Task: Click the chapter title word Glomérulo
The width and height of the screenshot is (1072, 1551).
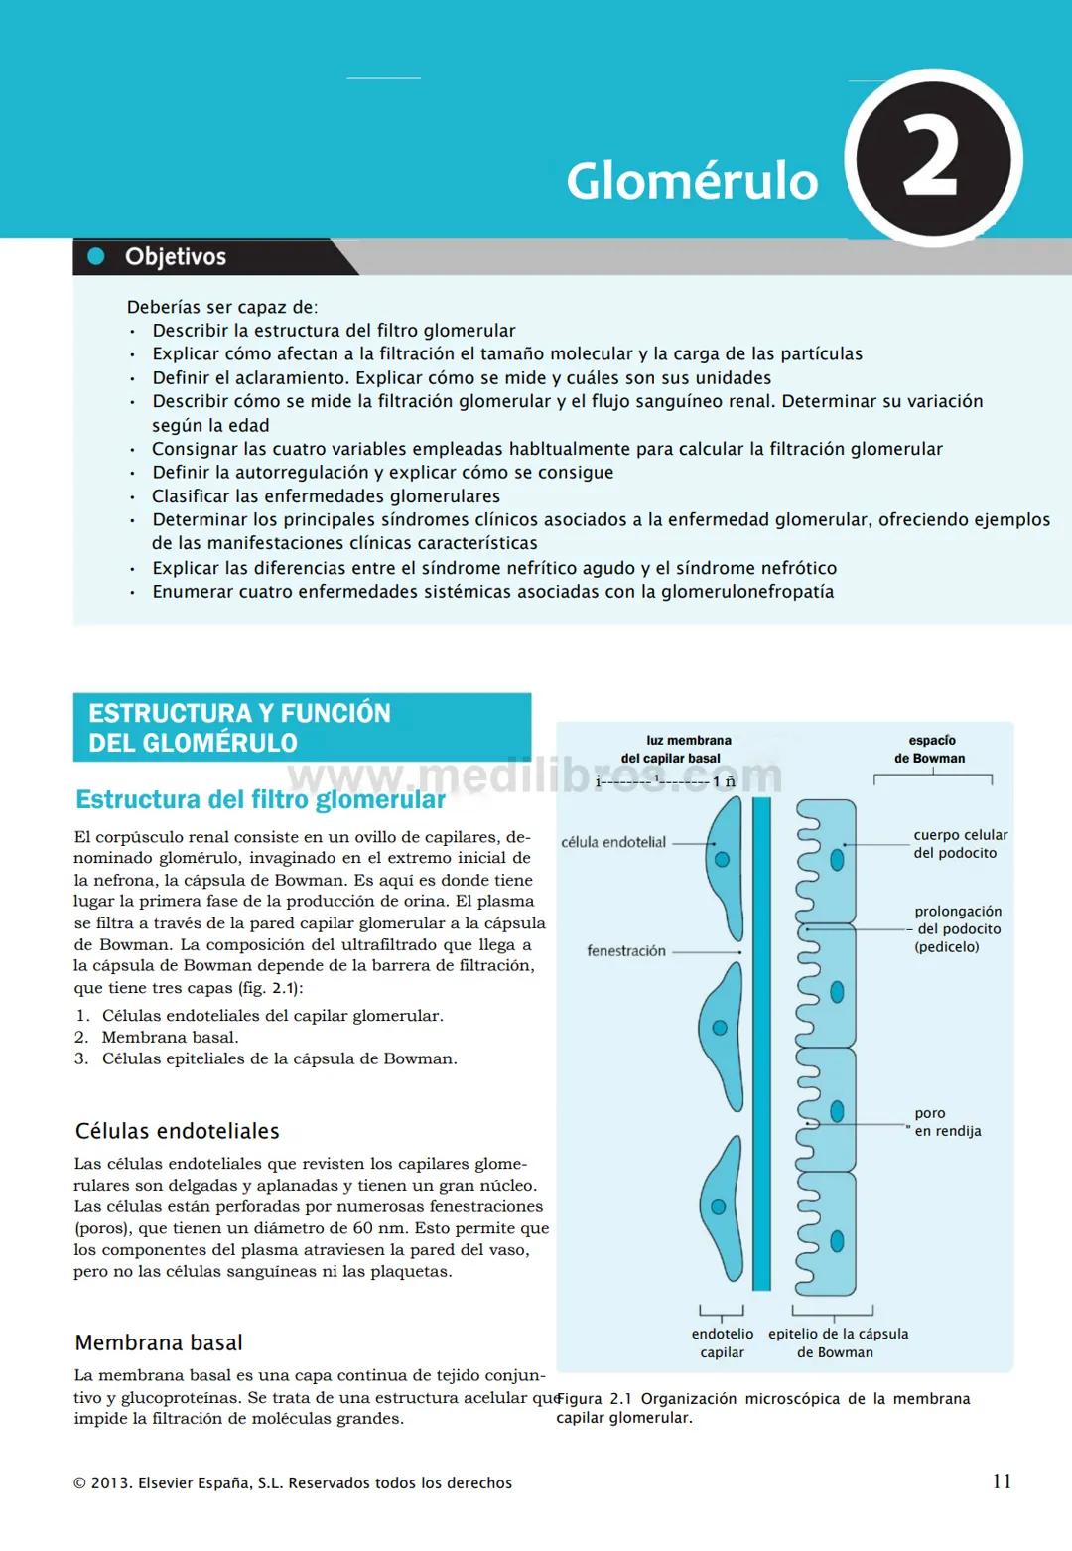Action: pyautogui.click(x=692, y=181)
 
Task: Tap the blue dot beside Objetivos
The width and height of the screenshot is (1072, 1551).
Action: pyautogui.click(x=96, y=256)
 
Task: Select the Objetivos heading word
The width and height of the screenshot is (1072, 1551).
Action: pyautogui.click(x=176, y=257)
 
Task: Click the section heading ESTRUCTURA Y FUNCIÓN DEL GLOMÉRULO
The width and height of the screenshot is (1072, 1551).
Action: pyautogui.click(x=239, y=728)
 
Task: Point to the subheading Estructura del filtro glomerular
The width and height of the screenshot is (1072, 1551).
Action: pyautogui.click(x=260, y=800)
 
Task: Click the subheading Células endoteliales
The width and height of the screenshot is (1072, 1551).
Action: pyautogui.click(x=177, y=1131)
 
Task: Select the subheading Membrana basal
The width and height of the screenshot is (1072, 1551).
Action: pyautogui.click(x=159, y=1342)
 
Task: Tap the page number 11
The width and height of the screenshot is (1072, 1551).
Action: pyautogui.click(x=1002, y=1481)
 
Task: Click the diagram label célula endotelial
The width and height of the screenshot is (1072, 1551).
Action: pyautogui.click(x=613, y=842)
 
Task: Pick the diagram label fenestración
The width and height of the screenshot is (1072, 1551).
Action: pyautogui.click(x=626, y=951)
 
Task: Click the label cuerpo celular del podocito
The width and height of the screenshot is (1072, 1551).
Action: pyautogui.click(x=959, y=844)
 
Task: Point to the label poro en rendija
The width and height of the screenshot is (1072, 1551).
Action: pyautogui.click(x=947, y=1122)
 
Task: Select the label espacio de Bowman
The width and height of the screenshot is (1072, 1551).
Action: pyautogui.click(x=931, y=749)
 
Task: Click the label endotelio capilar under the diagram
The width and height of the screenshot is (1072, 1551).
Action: pyautogui.click(x=722, y=1342)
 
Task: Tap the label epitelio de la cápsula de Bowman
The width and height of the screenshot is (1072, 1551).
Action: pyautogui.click(x=838, y=1342)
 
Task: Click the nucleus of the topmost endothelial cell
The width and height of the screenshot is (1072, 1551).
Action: pyautogui.click(x=722, y=859)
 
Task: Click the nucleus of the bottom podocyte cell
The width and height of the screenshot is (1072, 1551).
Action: pyautogui.click(x=837, y=1240)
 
